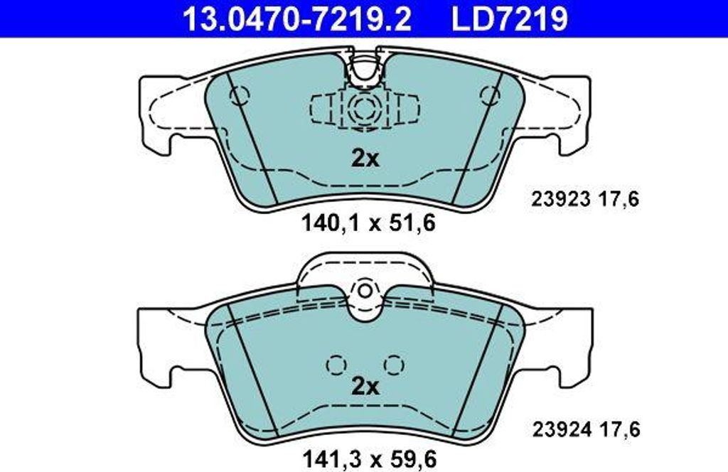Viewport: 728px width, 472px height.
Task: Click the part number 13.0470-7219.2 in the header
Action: point(297,18)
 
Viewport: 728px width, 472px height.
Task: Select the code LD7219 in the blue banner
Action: point(509,18)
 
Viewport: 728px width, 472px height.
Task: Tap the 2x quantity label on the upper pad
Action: point(365,159)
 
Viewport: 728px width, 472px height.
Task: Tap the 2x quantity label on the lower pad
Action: point(365,386)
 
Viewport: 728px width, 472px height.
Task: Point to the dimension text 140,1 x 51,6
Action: point(369,223)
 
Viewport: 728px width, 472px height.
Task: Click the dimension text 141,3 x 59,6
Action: point(370,459)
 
